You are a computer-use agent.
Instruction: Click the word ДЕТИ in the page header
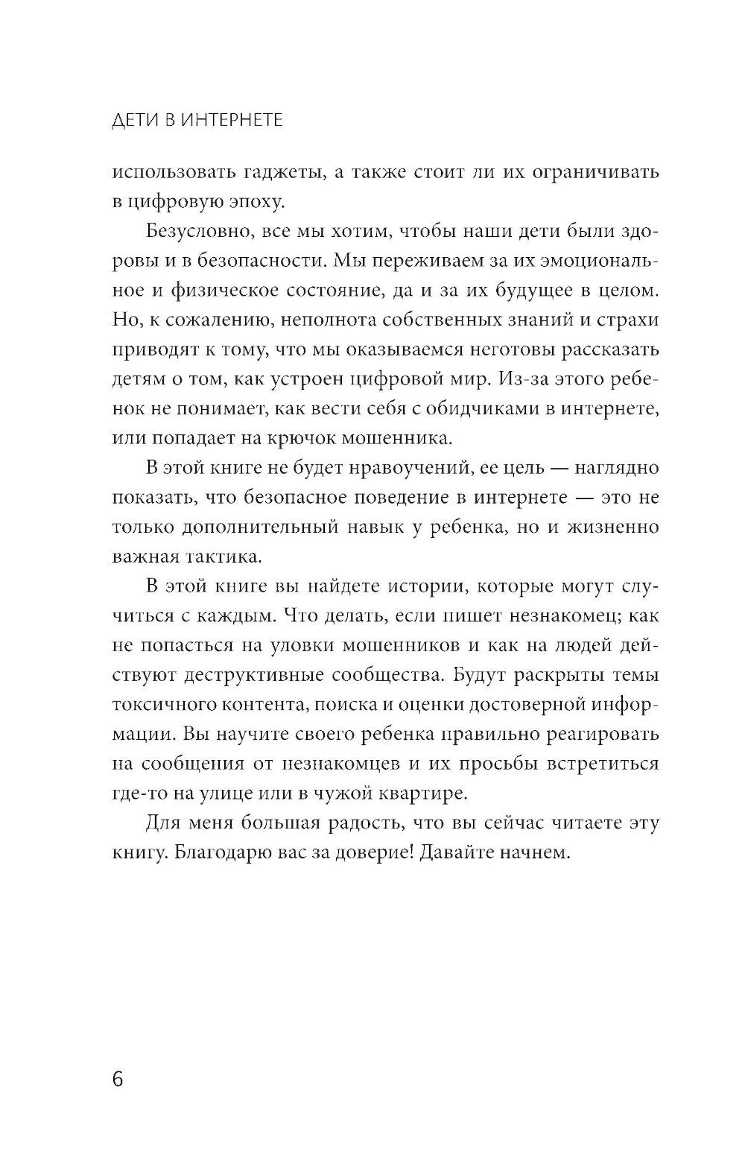click(133, 119)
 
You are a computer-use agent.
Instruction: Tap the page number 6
click(118, 1079)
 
